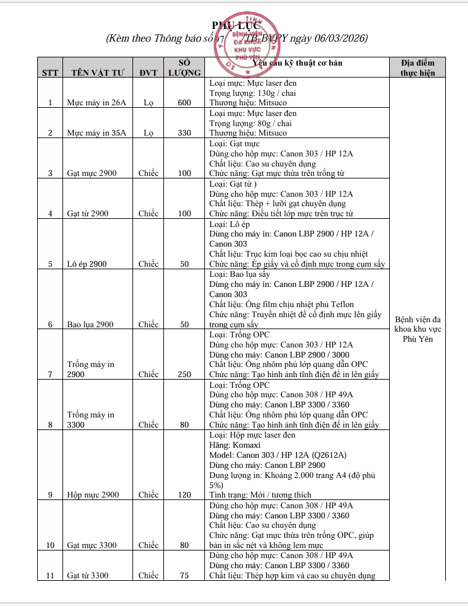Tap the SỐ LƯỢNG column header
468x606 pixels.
(184, 67)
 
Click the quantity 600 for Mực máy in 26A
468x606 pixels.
(184, 103)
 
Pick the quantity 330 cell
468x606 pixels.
(184, 133)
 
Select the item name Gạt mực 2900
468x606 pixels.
(91, 173)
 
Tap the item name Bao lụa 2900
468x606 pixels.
(90, 324)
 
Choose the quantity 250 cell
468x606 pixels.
(184, 374)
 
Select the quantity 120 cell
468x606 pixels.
(184, 494)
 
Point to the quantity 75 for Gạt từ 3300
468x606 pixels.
(184, 575)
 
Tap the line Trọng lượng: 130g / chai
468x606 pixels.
(252, 93)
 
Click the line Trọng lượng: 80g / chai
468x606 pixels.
(250, 123)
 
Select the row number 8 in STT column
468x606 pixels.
(50, 424)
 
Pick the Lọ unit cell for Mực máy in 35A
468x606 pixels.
(148, 133)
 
